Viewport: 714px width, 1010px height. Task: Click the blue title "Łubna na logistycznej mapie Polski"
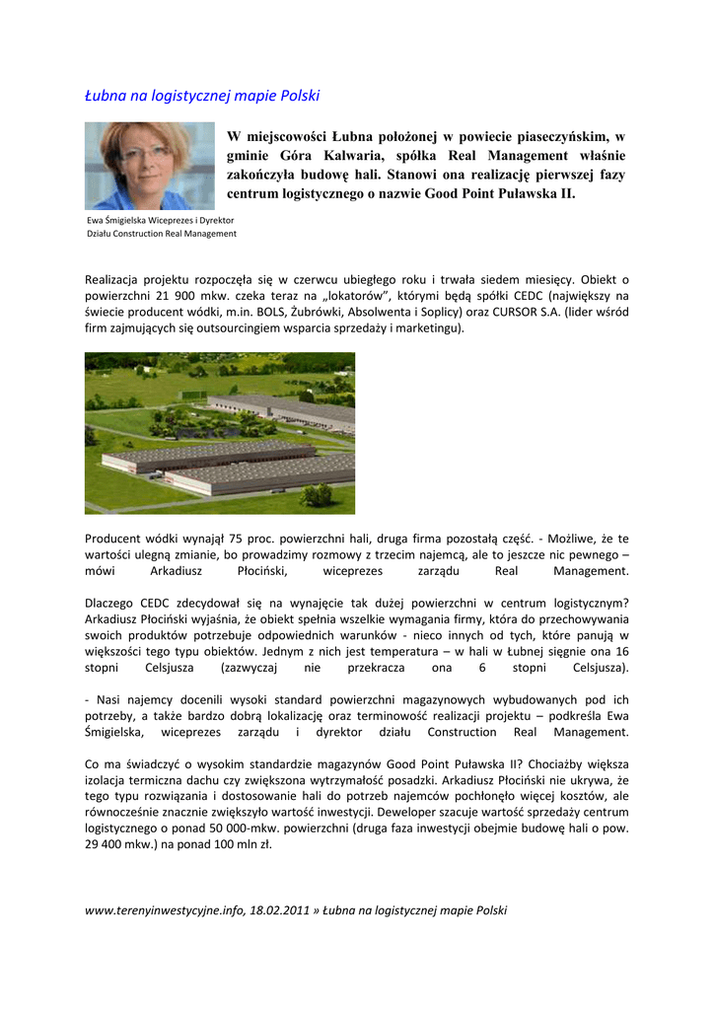202,96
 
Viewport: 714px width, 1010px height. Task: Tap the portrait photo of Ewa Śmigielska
149,166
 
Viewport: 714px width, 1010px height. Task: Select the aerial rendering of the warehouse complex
220,433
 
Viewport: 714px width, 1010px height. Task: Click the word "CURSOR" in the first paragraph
513,312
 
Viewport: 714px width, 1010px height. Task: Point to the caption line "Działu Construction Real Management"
161,234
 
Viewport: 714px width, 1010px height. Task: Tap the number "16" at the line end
620,652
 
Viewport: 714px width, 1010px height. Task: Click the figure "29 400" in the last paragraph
107,845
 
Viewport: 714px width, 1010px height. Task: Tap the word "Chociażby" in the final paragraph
535,764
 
